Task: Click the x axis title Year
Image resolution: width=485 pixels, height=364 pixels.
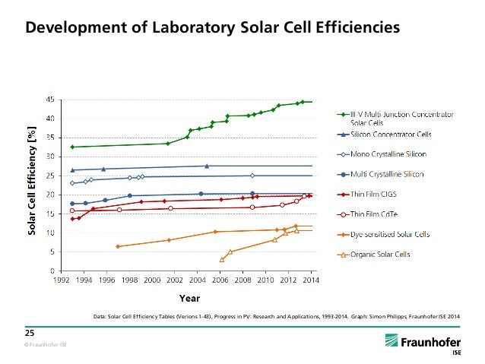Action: coord(189,297)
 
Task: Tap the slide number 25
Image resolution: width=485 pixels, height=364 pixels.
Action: coord(31,332)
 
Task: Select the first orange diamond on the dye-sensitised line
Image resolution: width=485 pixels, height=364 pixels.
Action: coord(117,246)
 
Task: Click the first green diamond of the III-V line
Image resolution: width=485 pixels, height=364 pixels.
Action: coord(72,147)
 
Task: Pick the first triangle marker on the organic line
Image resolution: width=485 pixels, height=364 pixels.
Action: coord(222,260)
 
